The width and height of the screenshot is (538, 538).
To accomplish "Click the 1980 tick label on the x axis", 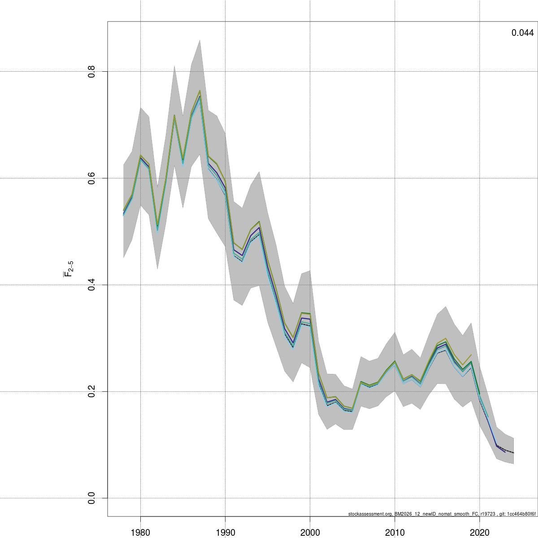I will pos(140,532).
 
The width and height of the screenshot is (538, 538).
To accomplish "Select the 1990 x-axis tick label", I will pos(225,532).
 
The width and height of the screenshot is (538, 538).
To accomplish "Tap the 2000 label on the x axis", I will pos(310,532).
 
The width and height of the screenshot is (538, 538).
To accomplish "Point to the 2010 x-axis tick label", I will pos(395,532).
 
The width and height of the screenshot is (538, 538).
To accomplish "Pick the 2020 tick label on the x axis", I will pos(479,532).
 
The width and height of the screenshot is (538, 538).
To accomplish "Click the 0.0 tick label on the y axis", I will pos(91,498).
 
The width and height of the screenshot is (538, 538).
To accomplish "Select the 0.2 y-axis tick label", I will pos(91,391).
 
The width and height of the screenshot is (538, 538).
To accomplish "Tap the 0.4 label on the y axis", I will pos(91,285).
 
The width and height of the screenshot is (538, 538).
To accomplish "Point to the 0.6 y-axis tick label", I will pos(91,178).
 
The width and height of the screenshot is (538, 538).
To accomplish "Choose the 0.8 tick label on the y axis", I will pos(91,71).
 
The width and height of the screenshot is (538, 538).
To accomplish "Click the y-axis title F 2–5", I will pos(68,268).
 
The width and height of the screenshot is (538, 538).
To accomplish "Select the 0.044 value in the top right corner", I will pos(522,33).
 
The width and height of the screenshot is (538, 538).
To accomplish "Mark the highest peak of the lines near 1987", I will pos(200,91).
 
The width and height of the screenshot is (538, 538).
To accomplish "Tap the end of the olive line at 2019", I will pos(471,355).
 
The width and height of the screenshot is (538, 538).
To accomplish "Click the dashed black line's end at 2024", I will pos(513,453).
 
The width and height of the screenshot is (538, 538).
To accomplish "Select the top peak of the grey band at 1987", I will pos(200,40).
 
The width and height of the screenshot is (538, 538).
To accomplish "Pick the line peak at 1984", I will pos(174,116).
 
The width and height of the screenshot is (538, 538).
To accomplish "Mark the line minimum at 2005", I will pos(352,410).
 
